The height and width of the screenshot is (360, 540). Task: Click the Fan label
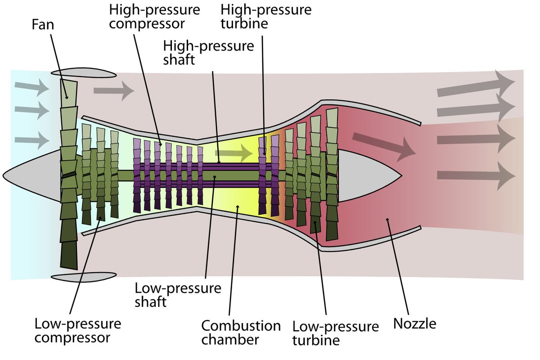click(x=43, y=25)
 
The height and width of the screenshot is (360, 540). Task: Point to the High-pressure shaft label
click(x=208, y=53)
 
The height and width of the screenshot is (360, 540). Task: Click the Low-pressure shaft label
click(x=178, y=295)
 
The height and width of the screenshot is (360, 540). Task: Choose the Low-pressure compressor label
click(x=77, y=331)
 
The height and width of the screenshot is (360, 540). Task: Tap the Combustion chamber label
click(x=241, y=333)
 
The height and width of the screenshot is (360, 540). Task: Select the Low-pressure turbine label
click(x=336, y=333)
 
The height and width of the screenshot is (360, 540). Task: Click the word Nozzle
click(x=414, y=324)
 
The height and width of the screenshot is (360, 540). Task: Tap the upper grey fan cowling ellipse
click(x=84, y=72)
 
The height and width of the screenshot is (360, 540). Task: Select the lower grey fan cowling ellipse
click(x=84, y=277)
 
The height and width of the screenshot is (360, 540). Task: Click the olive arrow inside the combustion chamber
click(x=234, y=153)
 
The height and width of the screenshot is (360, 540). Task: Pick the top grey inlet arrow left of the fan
click(x=32, y=88)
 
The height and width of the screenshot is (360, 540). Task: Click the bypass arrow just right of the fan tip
click(x=114, y=90)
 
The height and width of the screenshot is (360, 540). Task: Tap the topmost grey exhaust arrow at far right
click(x=476, y=85)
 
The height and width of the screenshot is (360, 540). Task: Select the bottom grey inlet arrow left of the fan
click(x=32, y=140)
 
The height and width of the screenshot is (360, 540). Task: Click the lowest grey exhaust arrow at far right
click(x=476, y=176)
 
